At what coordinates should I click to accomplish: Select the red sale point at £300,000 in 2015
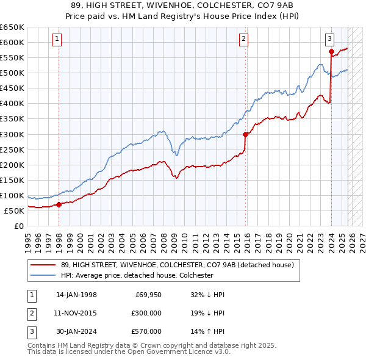click(x=245, y=134)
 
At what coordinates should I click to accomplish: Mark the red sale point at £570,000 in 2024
click(x=331, y=52)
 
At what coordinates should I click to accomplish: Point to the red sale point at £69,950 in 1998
click(x=59, y=204)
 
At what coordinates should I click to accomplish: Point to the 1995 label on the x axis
click(x=28, y=238)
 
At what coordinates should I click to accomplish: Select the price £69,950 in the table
click(x=148, y=295)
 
